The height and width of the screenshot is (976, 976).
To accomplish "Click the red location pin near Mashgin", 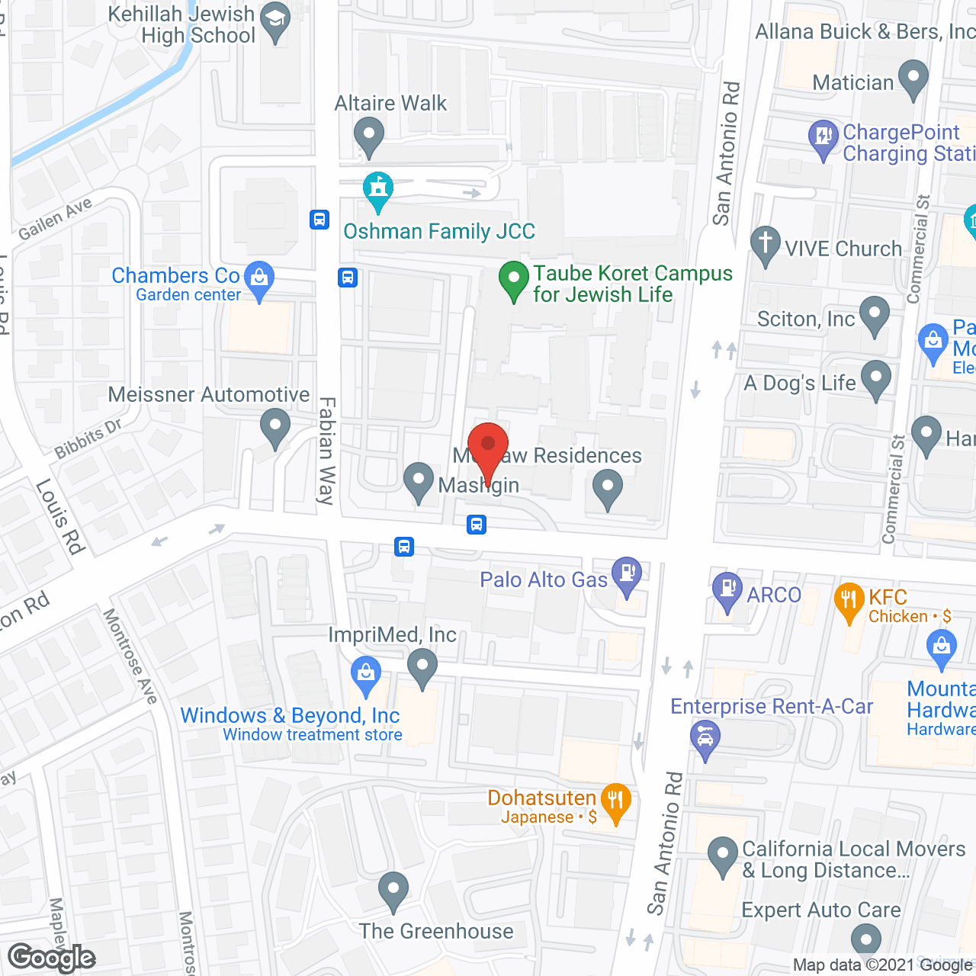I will [x=487, y=446].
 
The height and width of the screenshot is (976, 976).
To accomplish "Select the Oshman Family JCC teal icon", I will [x=377, y=191].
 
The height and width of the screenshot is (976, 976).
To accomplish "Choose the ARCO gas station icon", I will [x=727, y=590].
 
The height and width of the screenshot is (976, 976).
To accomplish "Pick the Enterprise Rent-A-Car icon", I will [x=705, y=739].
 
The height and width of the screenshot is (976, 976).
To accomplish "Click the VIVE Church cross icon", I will [x=766, y=245].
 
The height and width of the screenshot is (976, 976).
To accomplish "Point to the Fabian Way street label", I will [x=327, y=451].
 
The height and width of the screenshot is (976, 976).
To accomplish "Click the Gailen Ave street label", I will [x=56, y=219].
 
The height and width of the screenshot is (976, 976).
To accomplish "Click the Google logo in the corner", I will [x=51, y=958].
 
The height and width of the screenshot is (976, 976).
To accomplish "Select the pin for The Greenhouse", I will [x=393, y=890].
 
